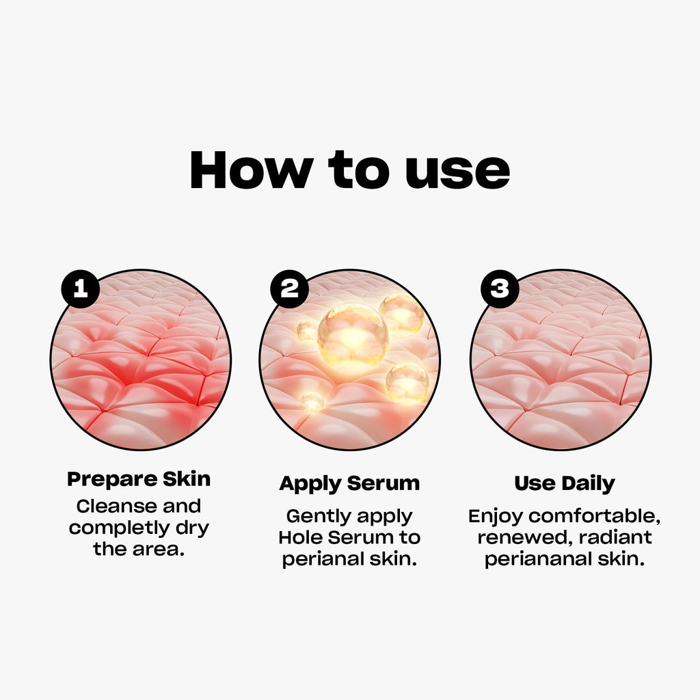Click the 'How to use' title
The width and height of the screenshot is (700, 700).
pyautogui.click(x=349, y=170)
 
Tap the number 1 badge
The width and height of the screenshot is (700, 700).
pyautogui.click(x=81, y=289)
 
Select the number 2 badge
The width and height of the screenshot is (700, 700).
pyautogui.click(x=289, y=289)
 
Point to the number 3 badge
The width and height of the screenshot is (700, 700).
pyautogui.click(x=500, y=289)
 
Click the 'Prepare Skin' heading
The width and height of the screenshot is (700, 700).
pyautogui.click(x=139, y=480)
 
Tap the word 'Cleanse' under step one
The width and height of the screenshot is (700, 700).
pyautogui.click(x=116, y=507)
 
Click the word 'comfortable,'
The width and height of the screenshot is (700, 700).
pyautogui.click(x=594, y=517)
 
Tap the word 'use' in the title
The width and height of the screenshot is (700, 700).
pyautogui.click(x=457, y=174)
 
